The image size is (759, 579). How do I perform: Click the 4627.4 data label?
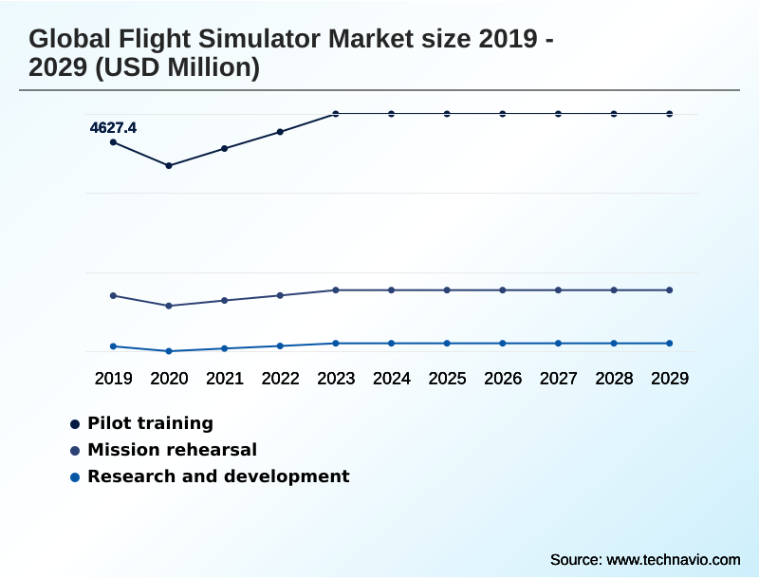pos(113,127)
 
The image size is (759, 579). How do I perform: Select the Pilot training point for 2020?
pos(169,166)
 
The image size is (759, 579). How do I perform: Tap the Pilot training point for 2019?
pos(113,142)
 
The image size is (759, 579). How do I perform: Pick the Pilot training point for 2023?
pos(336,114)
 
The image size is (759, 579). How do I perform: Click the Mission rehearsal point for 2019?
pos(113,295)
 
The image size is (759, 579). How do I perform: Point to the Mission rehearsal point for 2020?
pos(169,306)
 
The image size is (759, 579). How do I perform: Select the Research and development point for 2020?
pos(169,351)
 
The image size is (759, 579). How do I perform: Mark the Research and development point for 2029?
pos(670,343)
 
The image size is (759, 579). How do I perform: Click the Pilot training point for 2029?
pos(670,114)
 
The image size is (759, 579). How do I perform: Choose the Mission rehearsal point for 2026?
pos(503,289)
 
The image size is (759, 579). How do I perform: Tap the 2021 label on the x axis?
pos(225,379)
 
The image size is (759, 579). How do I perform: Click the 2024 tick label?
pos(392,379)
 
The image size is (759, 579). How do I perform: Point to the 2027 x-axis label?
pos(559,379)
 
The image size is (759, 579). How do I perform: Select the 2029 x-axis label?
pos(670,379)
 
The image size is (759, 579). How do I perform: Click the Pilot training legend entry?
pos(150,423)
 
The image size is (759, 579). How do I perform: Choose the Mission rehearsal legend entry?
pos(172,450)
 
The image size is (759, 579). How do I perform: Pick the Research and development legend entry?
pos(218,476)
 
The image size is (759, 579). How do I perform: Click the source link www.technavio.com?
pos(673,559)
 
